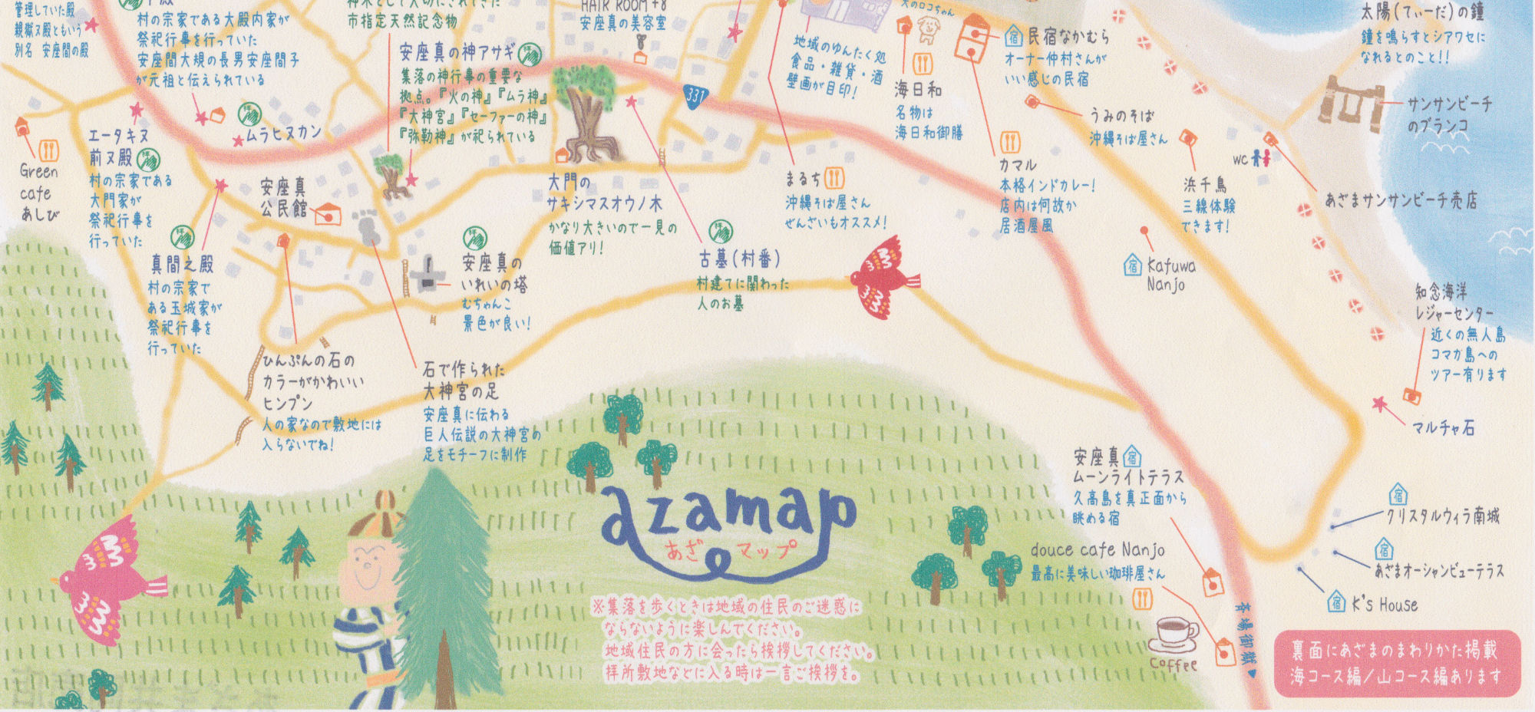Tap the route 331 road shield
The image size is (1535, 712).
click(695, 95)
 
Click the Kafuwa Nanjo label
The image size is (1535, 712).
click(1170, 275)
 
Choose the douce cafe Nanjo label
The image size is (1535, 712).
click(1098, 550)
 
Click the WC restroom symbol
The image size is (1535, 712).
click(1252, 159)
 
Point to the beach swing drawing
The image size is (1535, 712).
click(1351, 100)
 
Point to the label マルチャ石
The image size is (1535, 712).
click(1443, 428)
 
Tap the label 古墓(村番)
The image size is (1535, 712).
click(738, 259)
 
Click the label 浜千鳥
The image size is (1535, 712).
click(1204, 185)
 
